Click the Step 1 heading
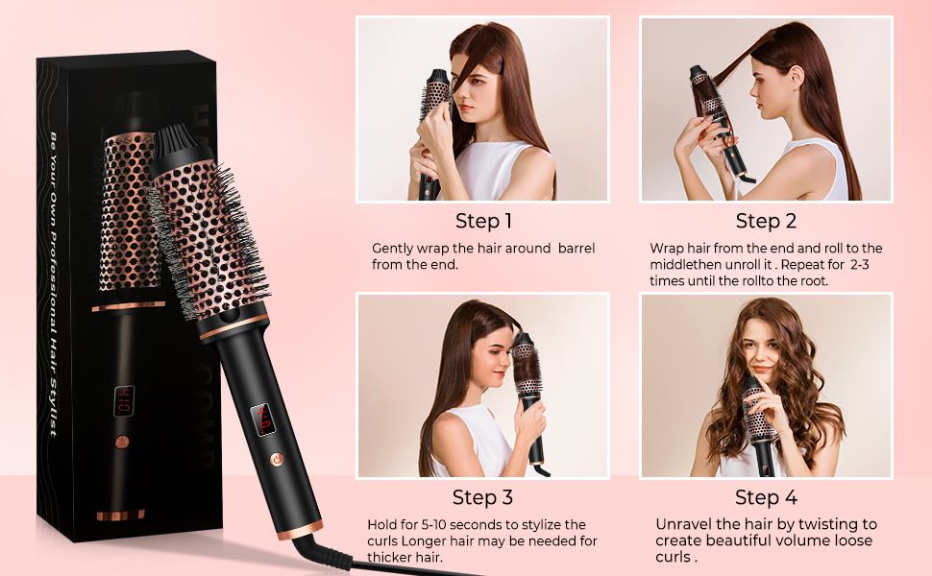[483, 221]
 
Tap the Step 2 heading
[766, 221]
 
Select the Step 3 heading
[482, 497]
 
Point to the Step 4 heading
[766, 497]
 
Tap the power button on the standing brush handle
[278, 460]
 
